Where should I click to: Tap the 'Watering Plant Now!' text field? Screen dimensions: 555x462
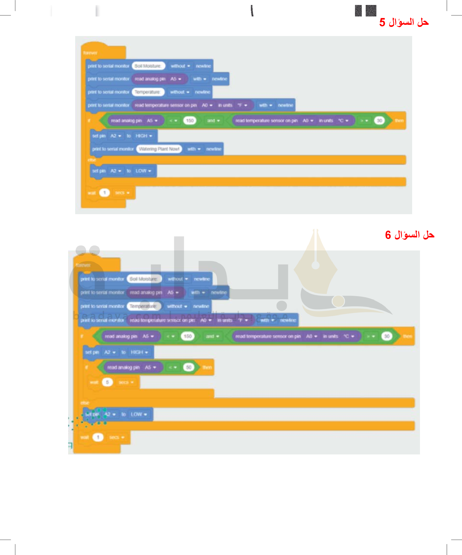tap(159, 149)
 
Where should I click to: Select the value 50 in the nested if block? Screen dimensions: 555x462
tap(189, 367)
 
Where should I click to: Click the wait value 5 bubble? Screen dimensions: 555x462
tap(107, 382)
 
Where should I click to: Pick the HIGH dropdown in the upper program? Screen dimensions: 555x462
tap(144, 136)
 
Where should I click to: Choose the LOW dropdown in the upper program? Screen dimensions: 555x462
tap(143, 171)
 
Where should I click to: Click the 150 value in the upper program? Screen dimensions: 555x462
tap(190, 121)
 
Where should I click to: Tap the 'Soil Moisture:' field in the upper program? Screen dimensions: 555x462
tap(148, 66)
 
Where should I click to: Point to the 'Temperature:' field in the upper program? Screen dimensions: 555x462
tap(147, 92)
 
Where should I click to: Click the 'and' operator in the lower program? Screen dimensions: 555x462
tap(212, 336)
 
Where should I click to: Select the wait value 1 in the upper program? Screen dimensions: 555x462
tap(104, 193)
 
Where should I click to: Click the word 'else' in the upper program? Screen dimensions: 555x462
tap(92, 160)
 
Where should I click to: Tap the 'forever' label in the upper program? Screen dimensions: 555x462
tap(90, 53)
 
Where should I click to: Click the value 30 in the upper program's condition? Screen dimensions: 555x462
tap(379, 121)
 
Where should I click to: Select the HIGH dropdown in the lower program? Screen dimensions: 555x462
tap(139, 352)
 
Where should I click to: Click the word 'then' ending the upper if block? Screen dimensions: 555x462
tap(399, 121)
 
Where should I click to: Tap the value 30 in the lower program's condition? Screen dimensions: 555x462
tap(387, 336)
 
